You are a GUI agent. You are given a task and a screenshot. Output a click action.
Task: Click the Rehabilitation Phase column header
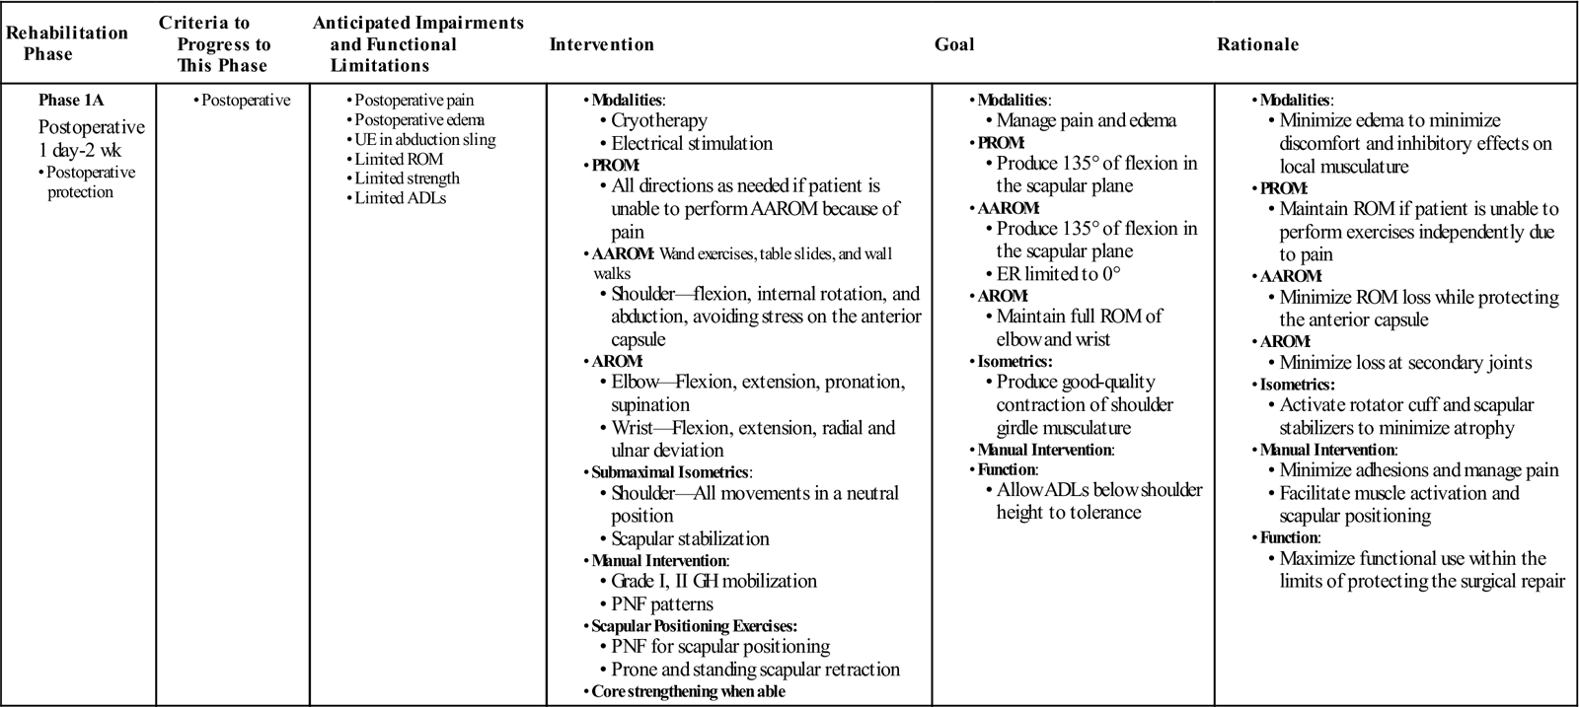click(67, 43)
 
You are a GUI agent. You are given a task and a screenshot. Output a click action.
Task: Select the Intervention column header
click(601, 44)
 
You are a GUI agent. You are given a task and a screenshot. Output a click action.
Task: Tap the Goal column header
click(953, 44)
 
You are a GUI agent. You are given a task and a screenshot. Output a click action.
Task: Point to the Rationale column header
click(1257, 44)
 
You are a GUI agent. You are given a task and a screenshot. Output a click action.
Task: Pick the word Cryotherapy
click(659, 121)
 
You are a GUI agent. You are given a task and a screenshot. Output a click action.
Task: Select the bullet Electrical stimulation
click(692, 144)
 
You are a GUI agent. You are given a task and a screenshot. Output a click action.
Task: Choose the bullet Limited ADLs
click(392, 198)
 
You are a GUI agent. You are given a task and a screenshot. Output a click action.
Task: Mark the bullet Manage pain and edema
click(1086, 121)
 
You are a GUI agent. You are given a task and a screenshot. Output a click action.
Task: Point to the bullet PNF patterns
click(661, 604)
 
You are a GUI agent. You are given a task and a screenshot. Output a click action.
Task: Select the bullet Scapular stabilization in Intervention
click(690, 539)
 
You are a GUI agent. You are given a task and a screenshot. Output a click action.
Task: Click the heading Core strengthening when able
click(688, 691)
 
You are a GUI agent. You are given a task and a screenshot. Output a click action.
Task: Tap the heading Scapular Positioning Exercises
click(694, 626)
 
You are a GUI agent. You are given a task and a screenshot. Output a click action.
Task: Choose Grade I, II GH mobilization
click(714, 582)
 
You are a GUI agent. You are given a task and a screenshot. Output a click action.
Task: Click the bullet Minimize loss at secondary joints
click(1405, 363)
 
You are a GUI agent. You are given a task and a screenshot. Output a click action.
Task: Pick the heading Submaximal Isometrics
click(671, 472)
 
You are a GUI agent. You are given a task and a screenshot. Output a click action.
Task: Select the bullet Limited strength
click(407, 178)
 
